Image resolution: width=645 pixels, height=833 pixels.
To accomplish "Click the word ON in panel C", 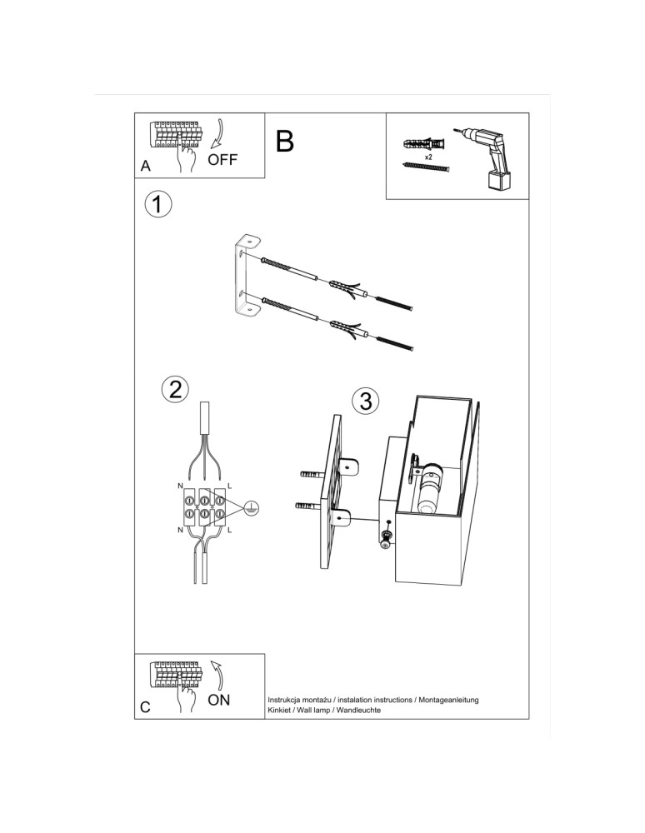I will point(219,700).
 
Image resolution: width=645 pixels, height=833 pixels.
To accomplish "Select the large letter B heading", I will point(284,142).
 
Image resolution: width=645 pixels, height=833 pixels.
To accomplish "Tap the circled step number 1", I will point(157,204).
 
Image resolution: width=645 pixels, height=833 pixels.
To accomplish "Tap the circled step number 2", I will point(174,389).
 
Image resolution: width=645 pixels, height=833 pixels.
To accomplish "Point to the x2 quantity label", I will point(428,157).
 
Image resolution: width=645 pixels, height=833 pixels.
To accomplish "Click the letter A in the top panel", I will point(146,167).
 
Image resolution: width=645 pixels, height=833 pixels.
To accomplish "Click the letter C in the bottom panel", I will point(146,707).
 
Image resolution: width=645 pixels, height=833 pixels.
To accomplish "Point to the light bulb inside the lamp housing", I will point(431,487).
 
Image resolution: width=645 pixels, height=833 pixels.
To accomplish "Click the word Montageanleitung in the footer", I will point(449,700).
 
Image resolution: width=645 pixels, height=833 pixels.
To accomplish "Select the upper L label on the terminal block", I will point(229,485).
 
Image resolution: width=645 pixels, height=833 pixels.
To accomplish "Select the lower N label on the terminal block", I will point(179,530).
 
